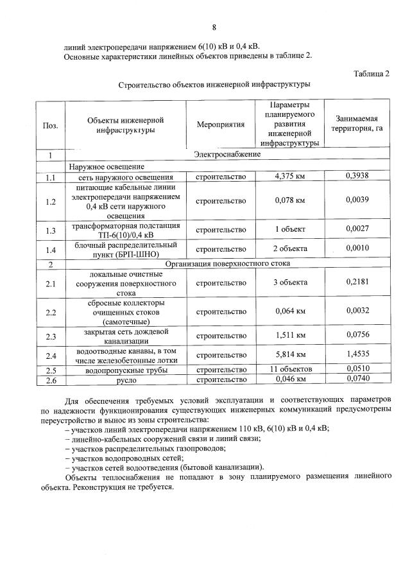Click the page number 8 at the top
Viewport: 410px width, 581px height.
point(214,28)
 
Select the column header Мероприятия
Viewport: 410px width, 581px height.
point(221,124)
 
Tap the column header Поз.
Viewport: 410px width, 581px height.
point(50,125)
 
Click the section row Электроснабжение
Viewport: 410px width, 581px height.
point(227,155)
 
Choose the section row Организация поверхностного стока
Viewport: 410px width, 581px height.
point(228,263)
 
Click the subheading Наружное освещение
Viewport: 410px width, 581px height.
point(103,166)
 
